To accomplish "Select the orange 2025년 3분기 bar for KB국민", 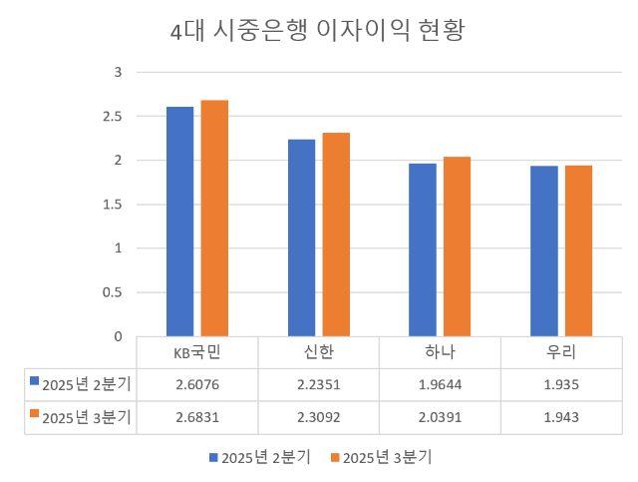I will click(x=214, y=218).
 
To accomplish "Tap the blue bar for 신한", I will click(x=301, y=238).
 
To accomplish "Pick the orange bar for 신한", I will click(x=336, y=235).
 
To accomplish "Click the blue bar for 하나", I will click(x=423, y=249).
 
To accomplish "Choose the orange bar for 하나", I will click(x=457, y=246).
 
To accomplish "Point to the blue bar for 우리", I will click(x=544, y=250).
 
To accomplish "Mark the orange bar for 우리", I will click(x=578, y=250).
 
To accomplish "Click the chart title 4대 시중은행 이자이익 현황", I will click(x=318, y=31).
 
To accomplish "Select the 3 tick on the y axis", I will click(x=118, y=73).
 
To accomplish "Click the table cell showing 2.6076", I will click(x=196, y=384).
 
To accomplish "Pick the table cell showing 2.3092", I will click(x=318, y=417).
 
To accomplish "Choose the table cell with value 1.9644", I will click(x=440, y=384).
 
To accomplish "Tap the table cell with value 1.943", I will click(x=561, y=417).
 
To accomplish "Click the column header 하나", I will click(x=440, y=352).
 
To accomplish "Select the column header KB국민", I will click(x=196, y=352).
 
